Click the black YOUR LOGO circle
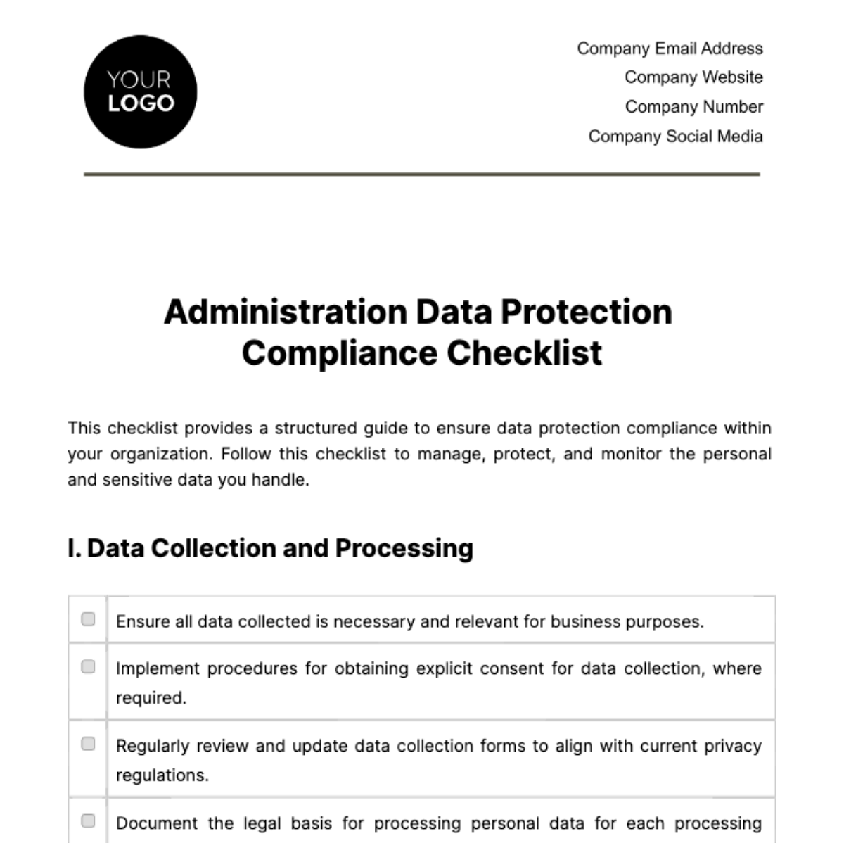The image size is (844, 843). pos(140,92)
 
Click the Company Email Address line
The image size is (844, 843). pos(670,49)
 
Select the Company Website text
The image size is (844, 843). pos(693,77)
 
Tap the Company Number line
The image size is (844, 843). pos(693,107)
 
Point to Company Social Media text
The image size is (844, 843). pos(675,137)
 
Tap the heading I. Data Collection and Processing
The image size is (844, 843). pos(270,548)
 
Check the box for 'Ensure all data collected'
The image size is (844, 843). pos(88,619)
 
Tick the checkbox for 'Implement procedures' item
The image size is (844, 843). pos(88,666)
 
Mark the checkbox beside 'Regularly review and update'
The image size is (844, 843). pos(88,744)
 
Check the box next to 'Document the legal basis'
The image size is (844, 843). pos(88,821)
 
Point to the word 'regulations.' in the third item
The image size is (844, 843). pos(162,775)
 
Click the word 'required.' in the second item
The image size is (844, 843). pos(151,698)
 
